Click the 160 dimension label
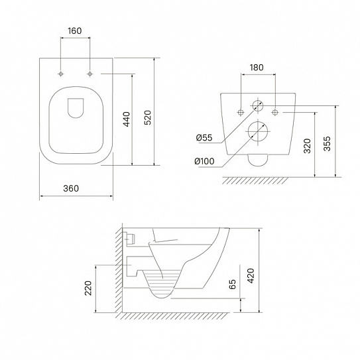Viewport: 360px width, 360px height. point(75,30)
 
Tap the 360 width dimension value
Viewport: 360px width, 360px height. point(71,188)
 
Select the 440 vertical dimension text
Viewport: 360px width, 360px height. point(127,119)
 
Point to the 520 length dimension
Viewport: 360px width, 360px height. point(148,117)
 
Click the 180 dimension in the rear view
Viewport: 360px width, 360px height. point(257,68)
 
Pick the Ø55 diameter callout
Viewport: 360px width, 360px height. point(204,138)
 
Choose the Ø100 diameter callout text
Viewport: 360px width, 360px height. point(204,161)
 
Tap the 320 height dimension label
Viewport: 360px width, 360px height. point(307,146)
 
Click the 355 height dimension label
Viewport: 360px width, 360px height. point(327,144)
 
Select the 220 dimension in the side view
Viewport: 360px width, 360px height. point(88,288)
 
